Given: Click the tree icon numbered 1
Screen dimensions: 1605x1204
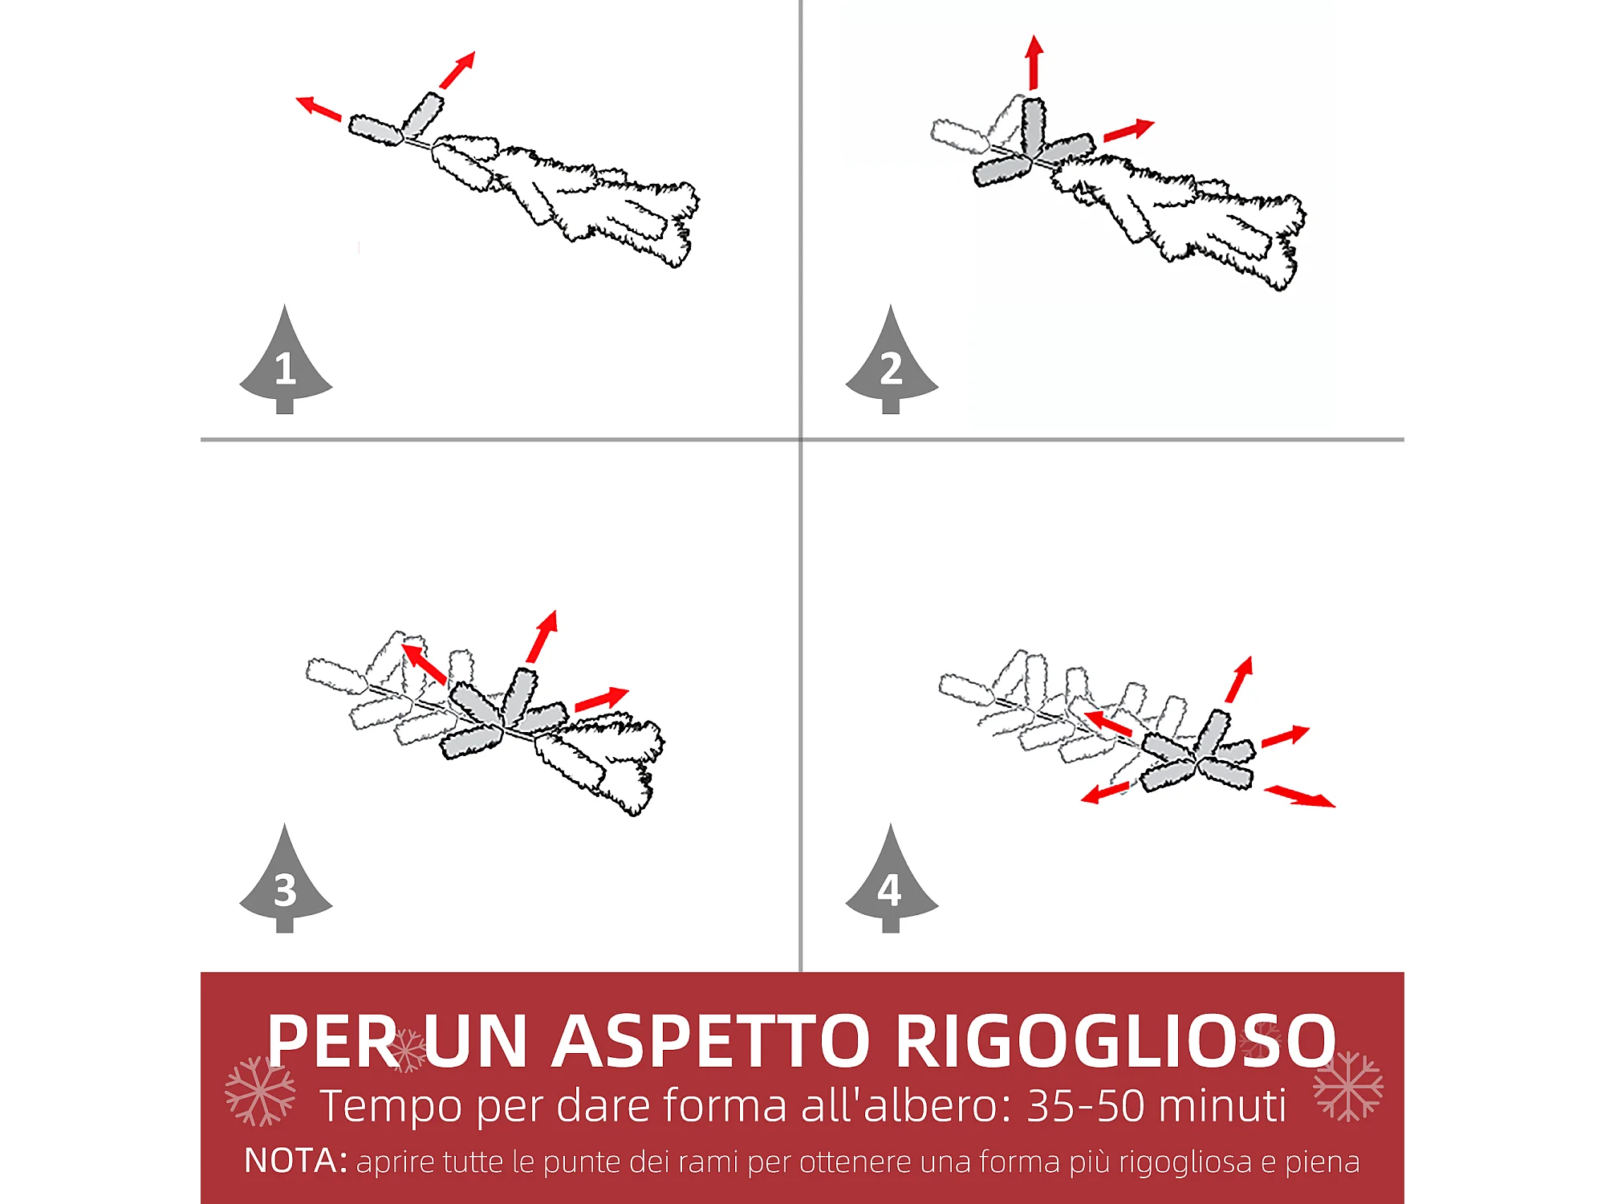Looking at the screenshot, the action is (286, 361).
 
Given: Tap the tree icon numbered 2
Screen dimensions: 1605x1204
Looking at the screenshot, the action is (892, 361).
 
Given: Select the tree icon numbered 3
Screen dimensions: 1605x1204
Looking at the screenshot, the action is (286, 880).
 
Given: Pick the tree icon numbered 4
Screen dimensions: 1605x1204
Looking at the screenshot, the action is (892, 880).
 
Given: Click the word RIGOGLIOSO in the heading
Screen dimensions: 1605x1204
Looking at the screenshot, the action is (1115, 1041).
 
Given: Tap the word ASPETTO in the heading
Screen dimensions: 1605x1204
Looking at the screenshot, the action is (711, 1041).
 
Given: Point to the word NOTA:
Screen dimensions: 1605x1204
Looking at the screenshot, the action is (295, 1161).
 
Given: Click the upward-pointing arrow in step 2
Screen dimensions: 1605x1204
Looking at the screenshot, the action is (1034, 62).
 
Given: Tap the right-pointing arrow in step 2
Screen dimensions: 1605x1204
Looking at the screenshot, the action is (1129, 130).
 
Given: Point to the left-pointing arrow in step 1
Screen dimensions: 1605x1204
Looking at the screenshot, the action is (319, 108).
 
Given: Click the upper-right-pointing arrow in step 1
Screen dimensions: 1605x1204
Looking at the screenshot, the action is (457, 70).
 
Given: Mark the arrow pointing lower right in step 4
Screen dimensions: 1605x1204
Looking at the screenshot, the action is (1300, 796).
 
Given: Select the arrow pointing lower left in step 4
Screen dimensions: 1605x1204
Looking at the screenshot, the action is (1105, 793).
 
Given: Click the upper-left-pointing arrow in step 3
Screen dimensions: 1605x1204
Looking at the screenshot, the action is (424, 663).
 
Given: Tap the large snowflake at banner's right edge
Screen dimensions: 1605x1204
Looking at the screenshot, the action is (1348, 1086).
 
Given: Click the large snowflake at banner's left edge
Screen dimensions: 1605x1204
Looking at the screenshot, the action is (260, 1091).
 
